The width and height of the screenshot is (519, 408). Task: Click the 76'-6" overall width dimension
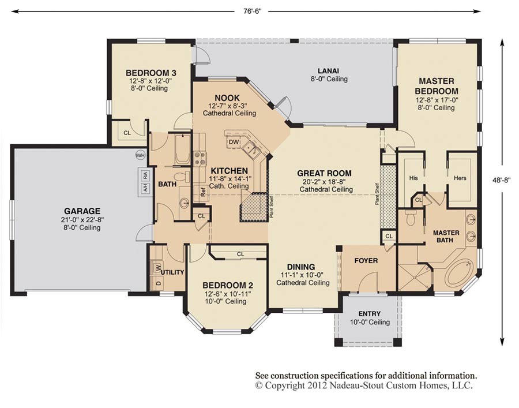(251, 10)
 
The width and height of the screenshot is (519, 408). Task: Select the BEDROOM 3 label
(151, 73)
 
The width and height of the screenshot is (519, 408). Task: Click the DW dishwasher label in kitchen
(233, 142)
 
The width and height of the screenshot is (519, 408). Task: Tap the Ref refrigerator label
(203, 193)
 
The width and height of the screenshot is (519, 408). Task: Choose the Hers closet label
(460, 178)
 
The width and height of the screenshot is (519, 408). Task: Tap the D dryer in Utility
(158, 283)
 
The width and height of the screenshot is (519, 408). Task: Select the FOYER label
(366, 261)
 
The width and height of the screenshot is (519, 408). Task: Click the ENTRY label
(369, 314)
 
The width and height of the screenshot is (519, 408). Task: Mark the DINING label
(302, 267)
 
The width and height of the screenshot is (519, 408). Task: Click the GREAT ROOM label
(324, 173)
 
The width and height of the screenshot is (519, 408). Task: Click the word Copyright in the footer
(285, 385)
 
